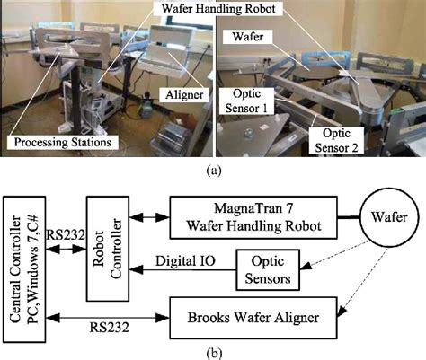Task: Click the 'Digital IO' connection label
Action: tap(176, 259)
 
